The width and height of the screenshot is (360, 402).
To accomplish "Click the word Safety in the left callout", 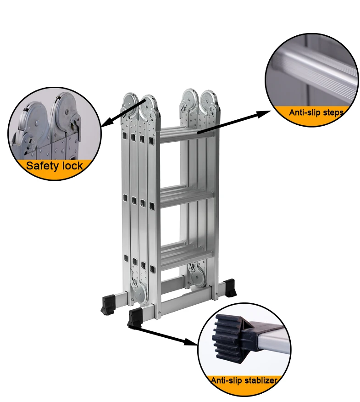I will coord(40,166).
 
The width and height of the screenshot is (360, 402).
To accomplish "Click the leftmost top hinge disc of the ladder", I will coord(129,102).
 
